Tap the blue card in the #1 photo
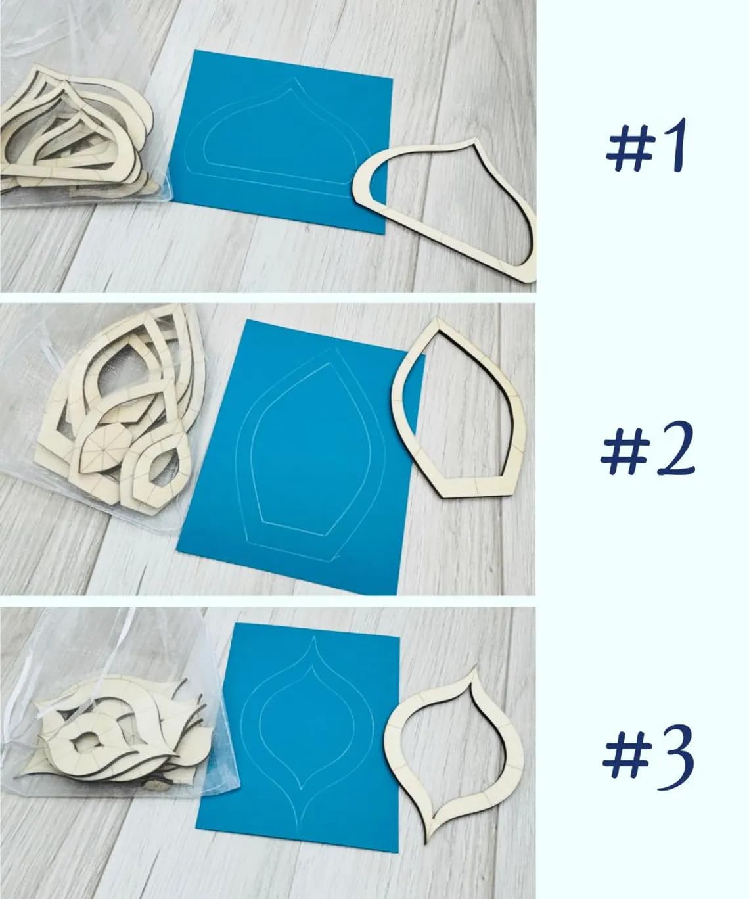(280, 142)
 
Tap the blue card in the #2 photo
(302, 456)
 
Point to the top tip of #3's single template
(476, 668)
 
